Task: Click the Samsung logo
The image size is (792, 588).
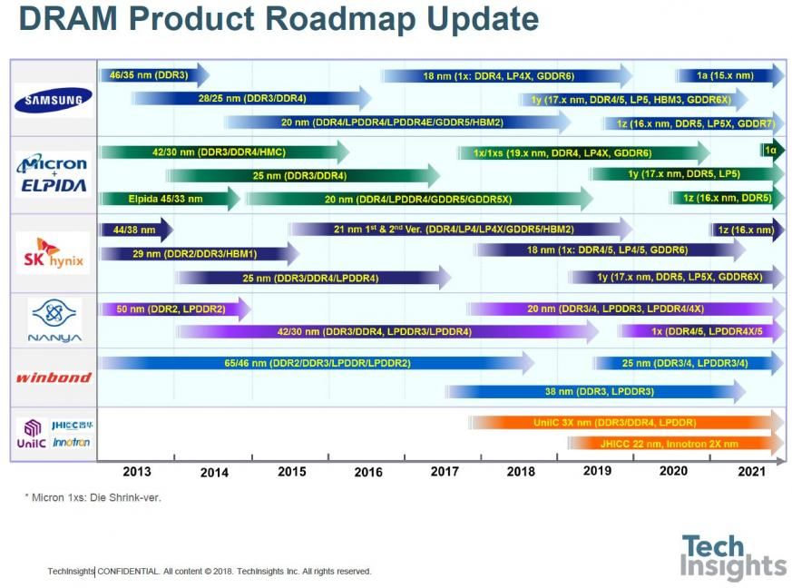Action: click(x=53, y=101)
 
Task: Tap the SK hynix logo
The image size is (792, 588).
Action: click(x=53, y=253)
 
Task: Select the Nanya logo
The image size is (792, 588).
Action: click(x=54, y=320)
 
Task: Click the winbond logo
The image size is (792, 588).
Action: click(x=53, y=377)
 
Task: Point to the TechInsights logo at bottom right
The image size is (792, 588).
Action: click(x=733, y=557)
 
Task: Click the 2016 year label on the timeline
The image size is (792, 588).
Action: click(x=367, y=472)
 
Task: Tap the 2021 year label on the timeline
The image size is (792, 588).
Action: click(x=750, y=471)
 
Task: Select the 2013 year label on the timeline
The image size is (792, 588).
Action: click(x=136, y=471)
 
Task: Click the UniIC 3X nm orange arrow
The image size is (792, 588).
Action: click(x=626, y=422)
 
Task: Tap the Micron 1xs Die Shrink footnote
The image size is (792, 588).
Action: click(x=93, y=497)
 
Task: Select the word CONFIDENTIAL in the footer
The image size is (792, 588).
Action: click(x=128, y=572)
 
